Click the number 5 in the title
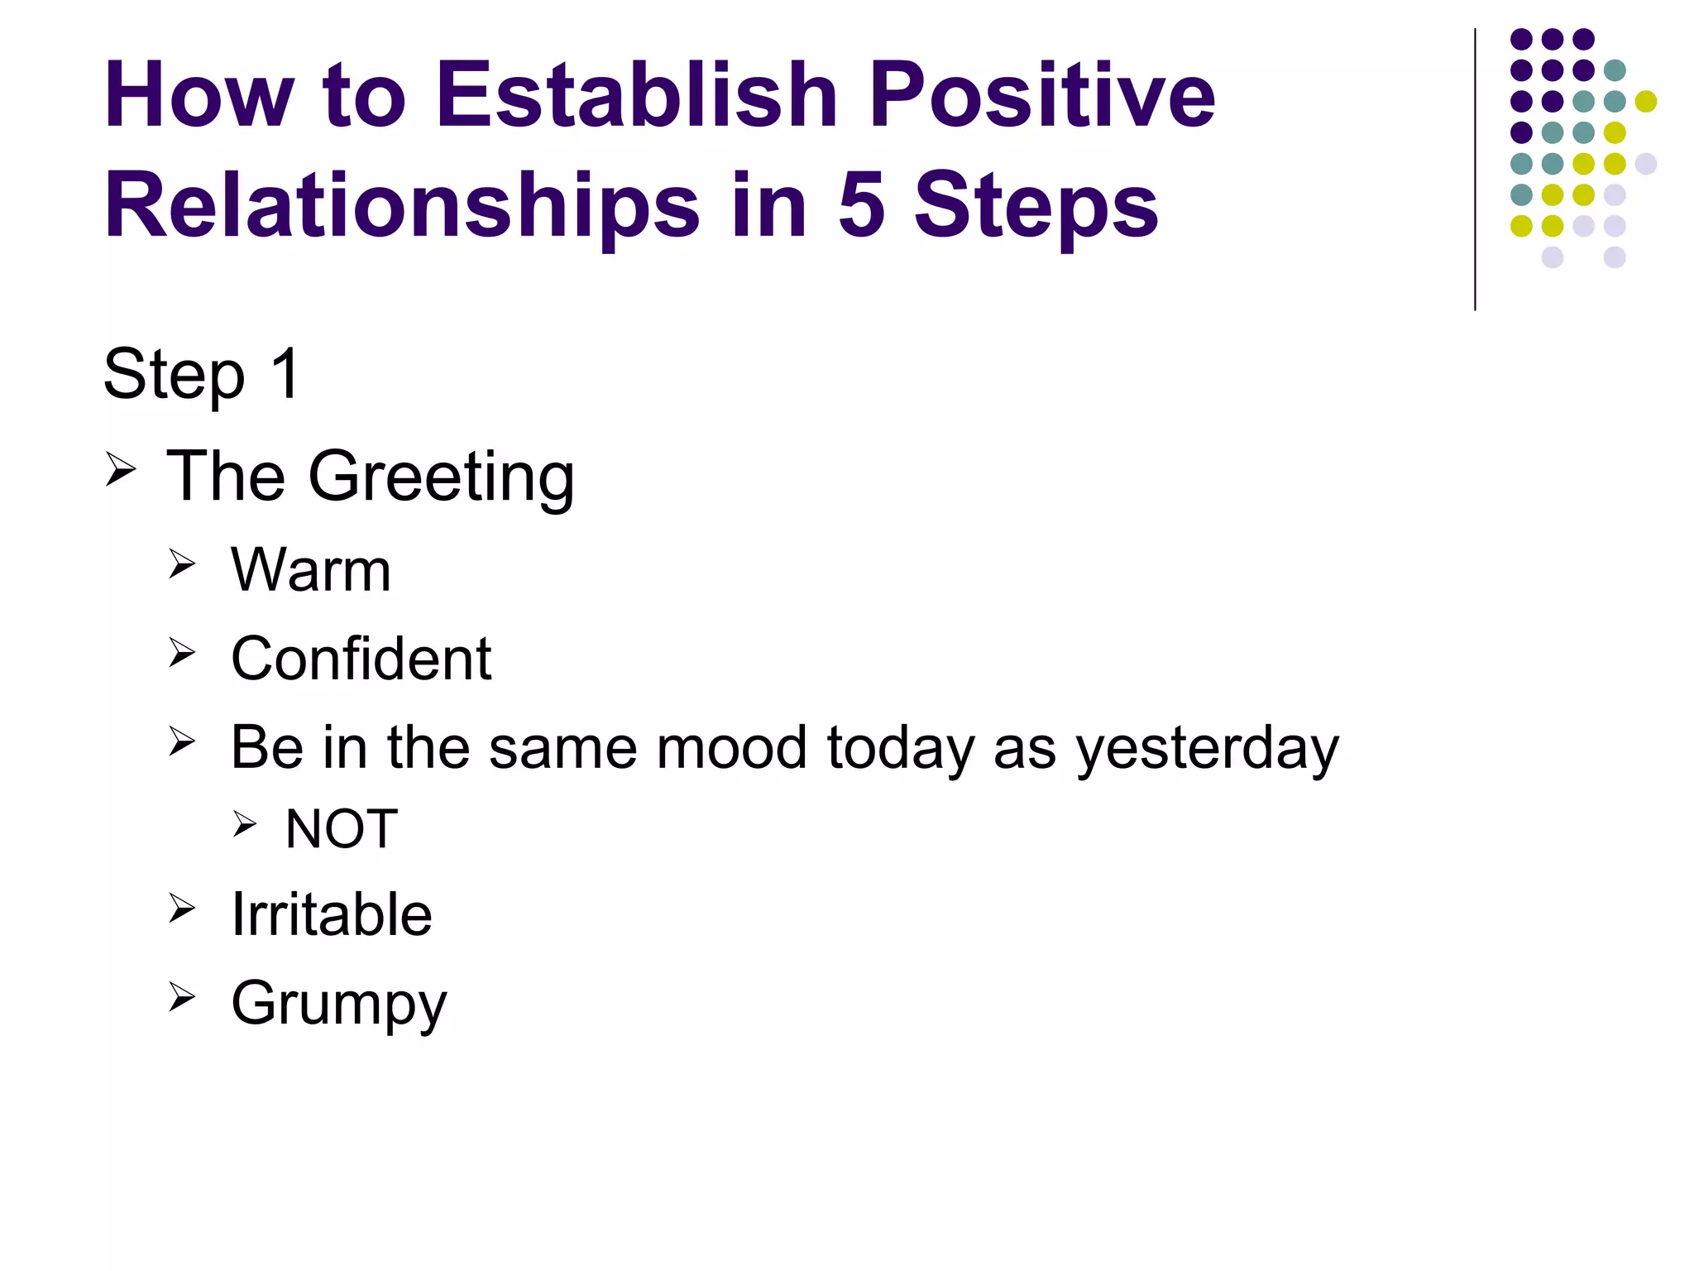coord(861,205)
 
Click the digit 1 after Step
coord(286,374)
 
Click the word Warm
coord(311,570)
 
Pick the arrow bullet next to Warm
coord(182,564)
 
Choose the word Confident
coord(361,659)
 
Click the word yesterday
coord(1207,748)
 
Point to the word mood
coord(731,747)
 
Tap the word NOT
coord(342,828)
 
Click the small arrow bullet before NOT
coord(245,823)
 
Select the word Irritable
coord(332,914)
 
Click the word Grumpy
coord(339,1004)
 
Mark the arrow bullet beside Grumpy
coord(182,997)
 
